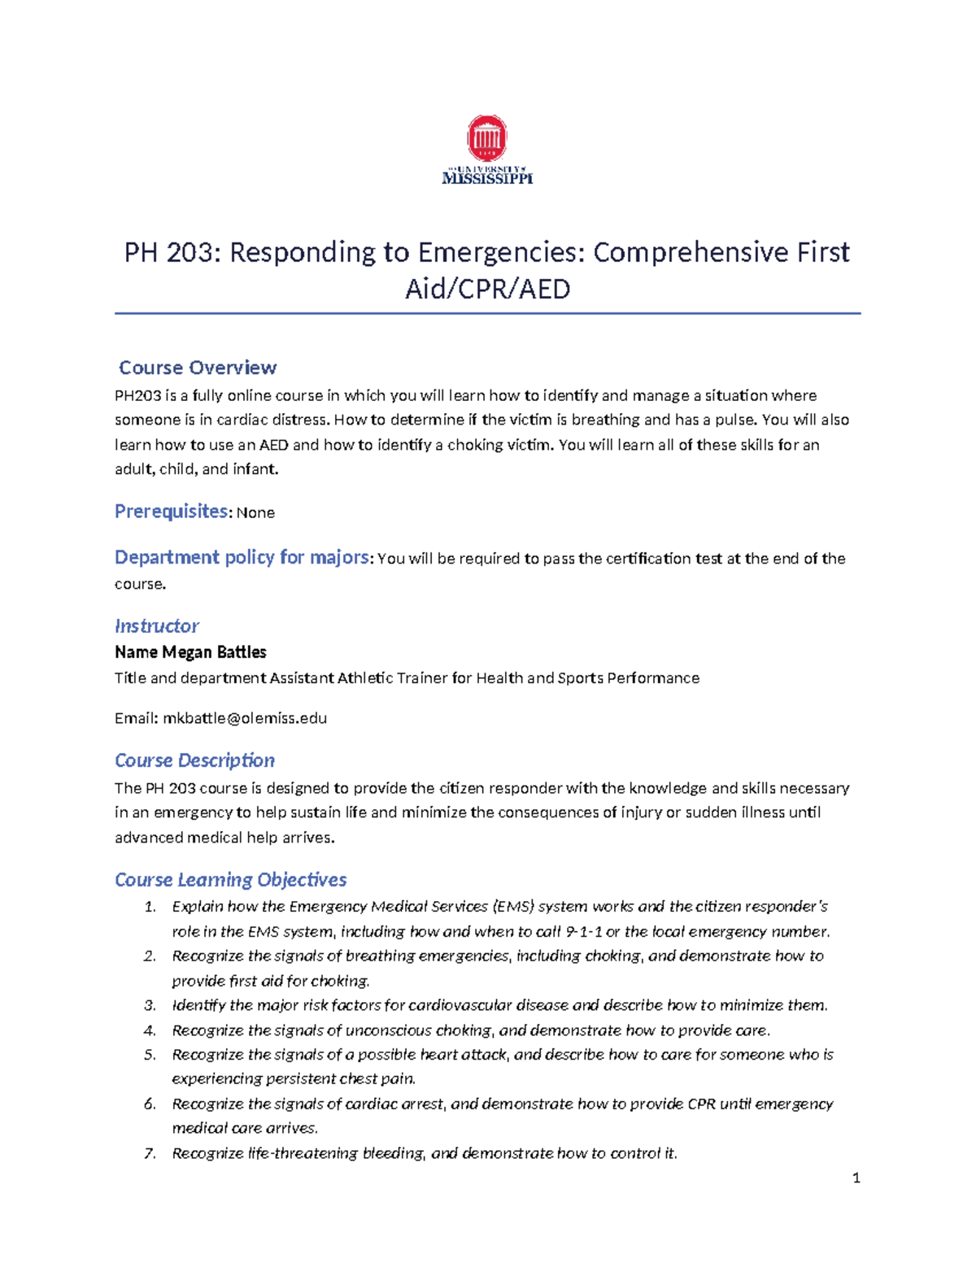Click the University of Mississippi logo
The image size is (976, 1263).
click(487, 150)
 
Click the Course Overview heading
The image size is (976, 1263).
click(198, 368)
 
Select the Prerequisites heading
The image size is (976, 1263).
click(172, 512)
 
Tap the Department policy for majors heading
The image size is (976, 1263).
click(242, 558)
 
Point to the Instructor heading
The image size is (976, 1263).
click(156, 626)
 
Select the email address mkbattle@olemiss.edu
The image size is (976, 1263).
click(245, 718)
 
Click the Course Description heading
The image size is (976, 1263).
click(194, 760)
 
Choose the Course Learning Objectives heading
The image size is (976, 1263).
click(230, 880)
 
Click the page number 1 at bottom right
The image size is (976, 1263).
click(856, 1178)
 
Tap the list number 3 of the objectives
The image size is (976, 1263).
click(150, 1006)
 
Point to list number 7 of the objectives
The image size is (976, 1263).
click(150, 1153)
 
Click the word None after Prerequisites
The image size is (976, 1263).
click(255, 513)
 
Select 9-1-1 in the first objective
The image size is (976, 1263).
click(583, 932)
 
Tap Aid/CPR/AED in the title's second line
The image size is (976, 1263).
click(488, 289)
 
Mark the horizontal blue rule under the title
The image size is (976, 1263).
click(487, 313)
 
